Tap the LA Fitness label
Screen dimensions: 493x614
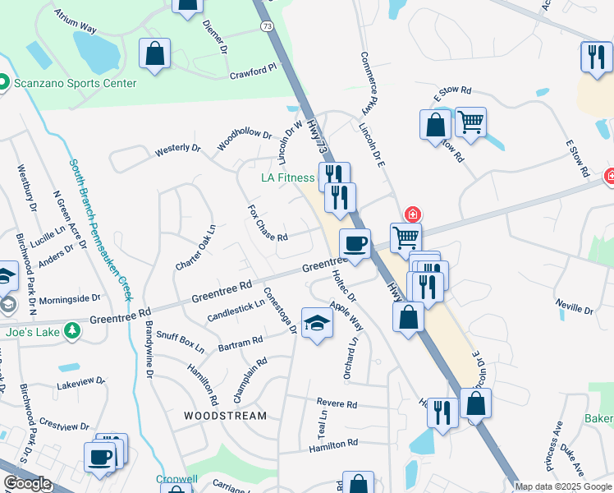pos(287,177)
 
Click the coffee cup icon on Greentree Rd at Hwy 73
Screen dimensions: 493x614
pos(355,244)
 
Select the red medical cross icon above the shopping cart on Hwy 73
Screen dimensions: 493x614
pos(411,214)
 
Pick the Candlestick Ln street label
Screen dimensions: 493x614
pos(236,309)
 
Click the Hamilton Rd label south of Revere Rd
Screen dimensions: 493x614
pos(333,444)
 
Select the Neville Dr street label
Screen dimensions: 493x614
pos(574,307)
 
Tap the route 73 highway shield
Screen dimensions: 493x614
pos(267,27)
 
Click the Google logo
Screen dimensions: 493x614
pos(27,483)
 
